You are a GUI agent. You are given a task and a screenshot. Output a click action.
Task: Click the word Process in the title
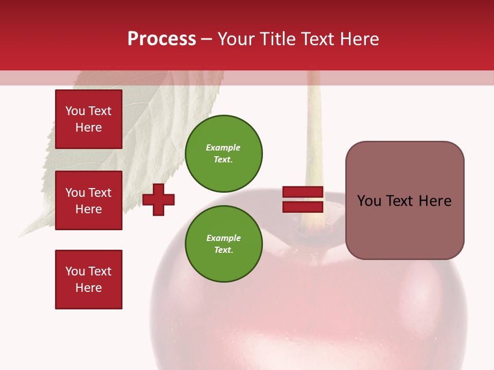[162, 39]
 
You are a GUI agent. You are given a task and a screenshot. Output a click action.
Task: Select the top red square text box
[89, 119]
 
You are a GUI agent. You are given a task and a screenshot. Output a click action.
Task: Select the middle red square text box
[89, 200]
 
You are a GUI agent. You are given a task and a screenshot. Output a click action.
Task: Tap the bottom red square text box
[89, 280]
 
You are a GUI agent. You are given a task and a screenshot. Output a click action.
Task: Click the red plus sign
[158, 199]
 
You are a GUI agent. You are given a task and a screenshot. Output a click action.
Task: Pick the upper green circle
[223, 154]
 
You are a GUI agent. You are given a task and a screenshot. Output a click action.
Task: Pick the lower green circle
[223, 244]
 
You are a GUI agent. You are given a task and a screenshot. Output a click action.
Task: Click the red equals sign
[303, 199]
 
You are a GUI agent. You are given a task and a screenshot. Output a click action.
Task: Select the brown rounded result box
[404, 200]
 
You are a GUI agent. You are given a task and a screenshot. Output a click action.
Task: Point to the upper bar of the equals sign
[303, 192]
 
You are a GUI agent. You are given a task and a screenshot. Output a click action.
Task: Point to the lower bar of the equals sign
[303, 207]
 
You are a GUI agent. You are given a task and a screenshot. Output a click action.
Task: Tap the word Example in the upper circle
[223, 147]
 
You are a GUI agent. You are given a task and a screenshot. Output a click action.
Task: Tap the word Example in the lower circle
[223, 238]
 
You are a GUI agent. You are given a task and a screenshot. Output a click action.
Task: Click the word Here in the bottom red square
[89, 288]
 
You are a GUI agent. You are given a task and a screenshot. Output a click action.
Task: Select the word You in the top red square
[74, 111]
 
